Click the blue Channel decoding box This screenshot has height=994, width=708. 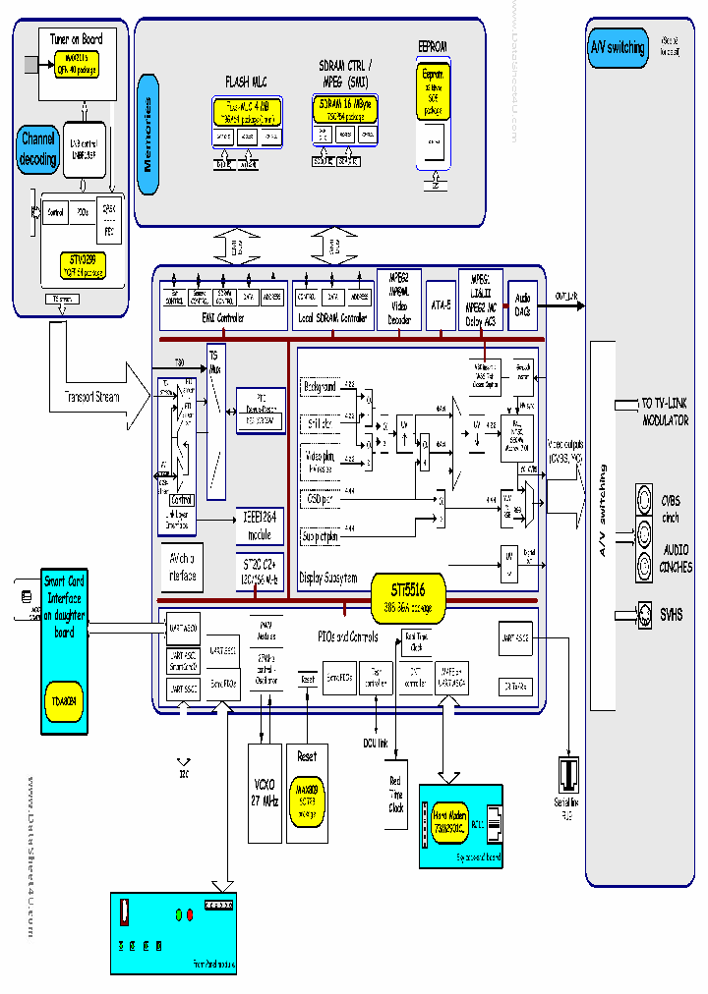point(38,148)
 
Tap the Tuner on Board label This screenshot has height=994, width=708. point(76,38)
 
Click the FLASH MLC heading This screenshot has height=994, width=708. point(245,83)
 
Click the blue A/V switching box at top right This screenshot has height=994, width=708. point(617,48)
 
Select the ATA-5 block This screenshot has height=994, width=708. point(441,305)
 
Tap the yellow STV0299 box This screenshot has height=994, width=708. point(82,264)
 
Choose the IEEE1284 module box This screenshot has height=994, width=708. point(258,527)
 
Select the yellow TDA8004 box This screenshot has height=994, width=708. point(62,700)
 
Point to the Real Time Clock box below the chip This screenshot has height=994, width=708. point(395,794)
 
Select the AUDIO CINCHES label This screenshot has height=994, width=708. point(675,557)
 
